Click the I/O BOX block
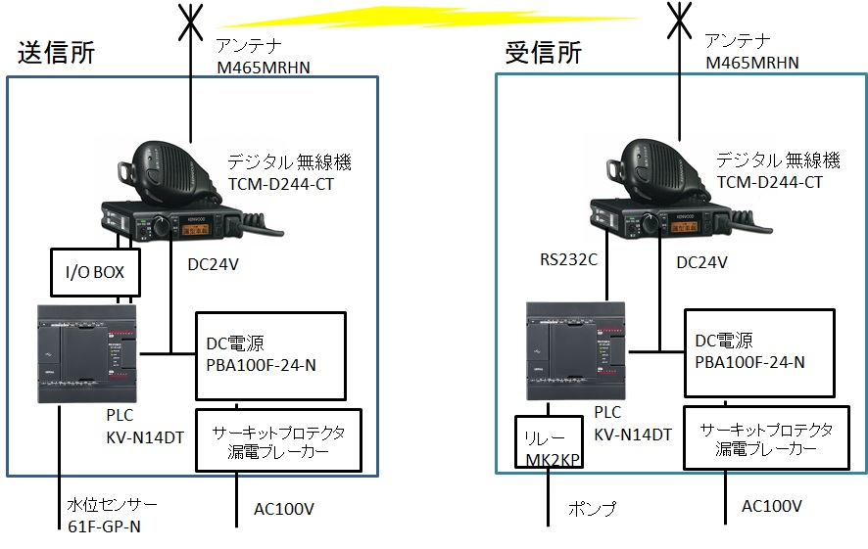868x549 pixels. (x=95, y=272)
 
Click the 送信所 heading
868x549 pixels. (x=57, y=53)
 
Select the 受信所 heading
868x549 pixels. (x=543, y=53)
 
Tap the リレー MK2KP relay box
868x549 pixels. (x=549, y=441)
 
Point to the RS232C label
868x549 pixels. (x=568, y=259)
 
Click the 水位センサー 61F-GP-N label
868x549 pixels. (x=112, y=516)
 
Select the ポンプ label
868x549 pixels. (x=592, y=508)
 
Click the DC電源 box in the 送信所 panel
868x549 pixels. (x=270, y=356)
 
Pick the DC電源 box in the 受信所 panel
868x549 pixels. (x=759, y=353)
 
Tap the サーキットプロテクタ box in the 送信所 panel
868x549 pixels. (x=279, y=440)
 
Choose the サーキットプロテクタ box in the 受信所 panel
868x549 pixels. (x=767, y=437)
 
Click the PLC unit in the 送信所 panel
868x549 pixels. (x=87, y=354)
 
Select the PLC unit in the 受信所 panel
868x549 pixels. (x=576, y=350)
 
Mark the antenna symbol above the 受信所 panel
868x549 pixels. (x=679, y=21)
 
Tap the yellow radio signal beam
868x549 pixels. (x=429, y=18)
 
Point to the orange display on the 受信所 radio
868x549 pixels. (x=684, y=227)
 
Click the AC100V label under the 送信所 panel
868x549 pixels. (x=284, y=509)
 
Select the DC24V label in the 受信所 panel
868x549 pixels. (x=701, y=262)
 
